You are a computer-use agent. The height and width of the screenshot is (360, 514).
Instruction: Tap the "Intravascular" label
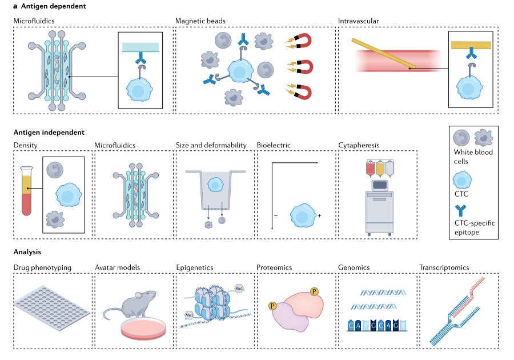(359, 21)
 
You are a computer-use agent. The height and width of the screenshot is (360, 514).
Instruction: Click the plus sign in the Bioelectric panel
(319, 216)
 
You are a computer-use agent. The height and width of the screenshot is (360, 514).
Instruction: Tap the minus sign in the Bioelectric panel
(275, 216)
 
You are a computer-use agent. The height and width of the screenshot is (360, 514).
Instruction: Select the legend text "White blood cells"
(473, 157)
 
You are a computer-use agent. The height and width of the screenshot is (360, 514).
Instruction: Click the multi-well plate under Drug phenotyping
(51, 303)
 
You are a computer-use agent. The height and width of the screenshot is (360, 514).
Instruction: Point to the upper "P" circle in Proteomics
(314, 291)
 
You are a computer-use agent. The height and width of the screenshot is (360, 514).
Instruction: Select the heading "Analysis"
(27, 251)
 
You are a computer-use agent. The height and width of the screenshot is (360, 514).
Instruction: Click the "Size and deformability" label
(211, 145)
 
